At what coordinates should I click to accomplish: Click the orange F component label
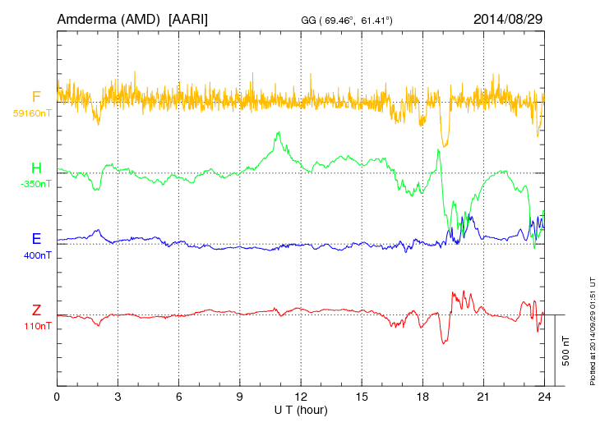36,98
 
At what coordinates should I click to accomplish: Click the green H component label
36,169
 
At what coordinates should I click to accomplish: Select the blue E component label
36,240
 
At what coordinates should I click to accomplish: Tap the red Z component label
36,310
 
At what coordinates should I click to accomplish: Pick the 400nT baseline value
37,255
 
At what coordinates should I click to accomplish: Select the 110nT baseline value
38,326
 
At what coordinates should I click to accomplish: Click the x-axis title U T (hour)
301,409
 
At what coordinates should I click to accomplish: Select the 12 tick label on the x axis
301,397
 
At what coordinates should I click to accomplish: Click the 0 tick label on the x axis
58,397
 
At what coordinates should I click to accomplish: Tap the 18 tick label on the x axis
422,397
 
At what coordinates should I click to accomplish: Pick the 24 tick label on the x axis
544,397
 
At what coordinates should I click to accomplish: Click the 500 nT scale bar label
566,351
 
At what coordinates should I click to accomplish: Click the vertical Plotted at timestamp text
592,328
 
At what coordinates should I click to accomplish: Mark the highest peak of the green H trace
279,132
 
